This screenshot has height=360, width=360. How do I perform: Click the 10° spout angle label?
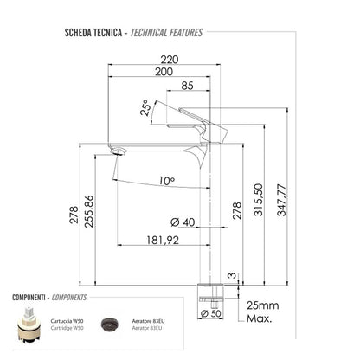point(166,181)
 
